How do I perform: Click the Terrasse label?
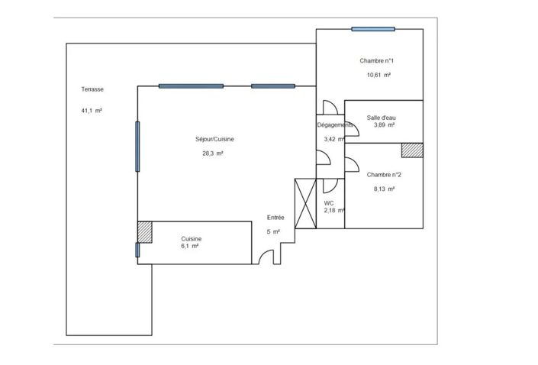[x=92, y=89]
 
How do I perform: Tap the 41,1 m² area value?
[x=92, y=111]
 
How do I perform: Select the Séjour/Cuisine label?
[x=214, y=139]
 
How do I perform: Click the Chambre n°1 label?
[x=377, y=60]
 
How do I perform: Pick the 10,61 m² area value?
[x=379, y=75]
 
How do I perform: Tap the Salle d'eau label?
[x=381, y=117]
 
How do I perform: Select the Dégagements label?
[x=335, y=125]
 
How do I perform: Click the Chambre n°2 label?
[x=384, y=174]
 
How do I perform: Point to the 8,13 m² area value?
[x=383, y=189]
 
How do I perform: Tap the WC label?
[x=329, y=203]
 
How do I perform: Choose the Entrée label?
[x=275, y=217]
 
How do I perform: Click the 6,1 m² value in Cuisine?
[x=189, y=246]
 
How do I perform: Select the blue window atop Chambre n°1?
[x=373, y=29]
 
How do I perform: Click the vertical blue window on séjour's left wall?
[x=138, y=146]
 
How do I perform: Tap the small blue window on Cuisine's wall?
[x=137, y=250]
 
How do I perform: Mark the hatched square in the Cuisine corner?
[x=145, y=231]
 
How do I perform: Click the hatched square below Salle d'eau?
[x=412, y=150]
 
